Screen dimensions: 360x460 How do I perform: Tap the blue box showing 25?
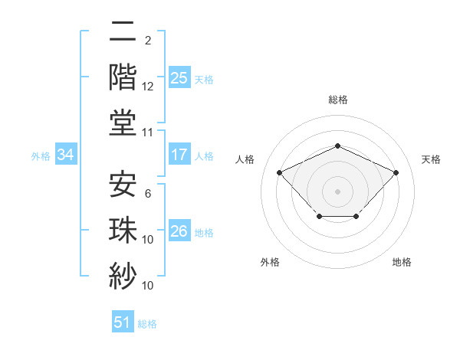[179, 77]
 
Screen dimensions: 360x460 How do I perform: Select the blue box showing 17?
[179, 155]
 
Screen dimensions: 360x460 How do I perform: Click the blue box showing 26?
[179, 231]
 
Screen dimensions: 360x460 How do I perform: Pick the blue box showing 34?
[66, 155]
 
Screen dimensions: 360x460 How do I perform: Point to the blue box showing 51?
[123, 322]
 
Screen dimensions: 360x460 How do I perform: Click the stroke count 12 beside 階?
[148, 87]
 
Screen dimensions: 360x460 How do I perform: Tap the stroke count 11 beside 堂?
[148, 133]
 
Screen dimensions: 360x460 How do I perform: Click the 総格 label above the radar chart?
[338, 100]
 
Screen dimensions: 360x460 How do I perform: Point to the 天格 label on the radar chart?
[432, 159]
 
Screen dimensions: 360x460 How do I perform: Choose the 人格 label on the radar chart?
[245, 159]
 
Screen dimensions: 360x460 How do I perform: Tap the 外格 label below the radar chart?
[270, 263]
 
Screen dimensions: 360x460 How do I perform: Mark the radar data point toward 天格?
[396, 172]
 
